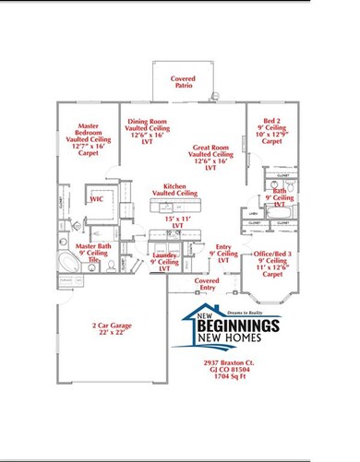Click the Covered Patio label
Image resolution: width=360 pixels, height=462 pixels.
183,84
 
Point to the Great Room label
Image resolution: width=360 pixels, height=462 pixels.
212,152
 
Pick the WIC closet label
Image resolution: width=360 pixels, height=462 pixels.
96,198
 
